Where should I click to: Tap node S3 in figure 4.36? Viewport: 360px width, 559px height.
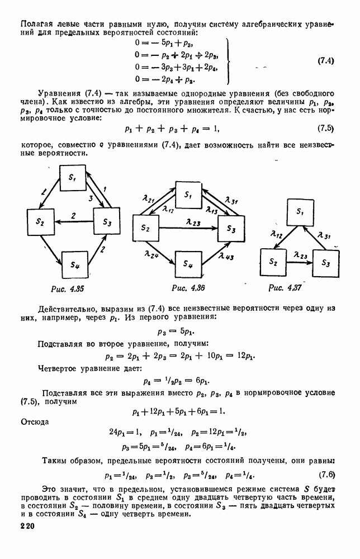click(231, 228)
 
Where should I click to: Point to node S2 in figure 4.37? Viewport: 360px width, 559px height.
click(273, 260)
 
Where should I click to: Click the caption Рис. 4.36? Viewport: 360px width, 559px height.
click(188, 288)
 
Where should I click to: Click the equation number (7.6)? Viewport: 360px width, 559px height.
click(326, 476)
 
